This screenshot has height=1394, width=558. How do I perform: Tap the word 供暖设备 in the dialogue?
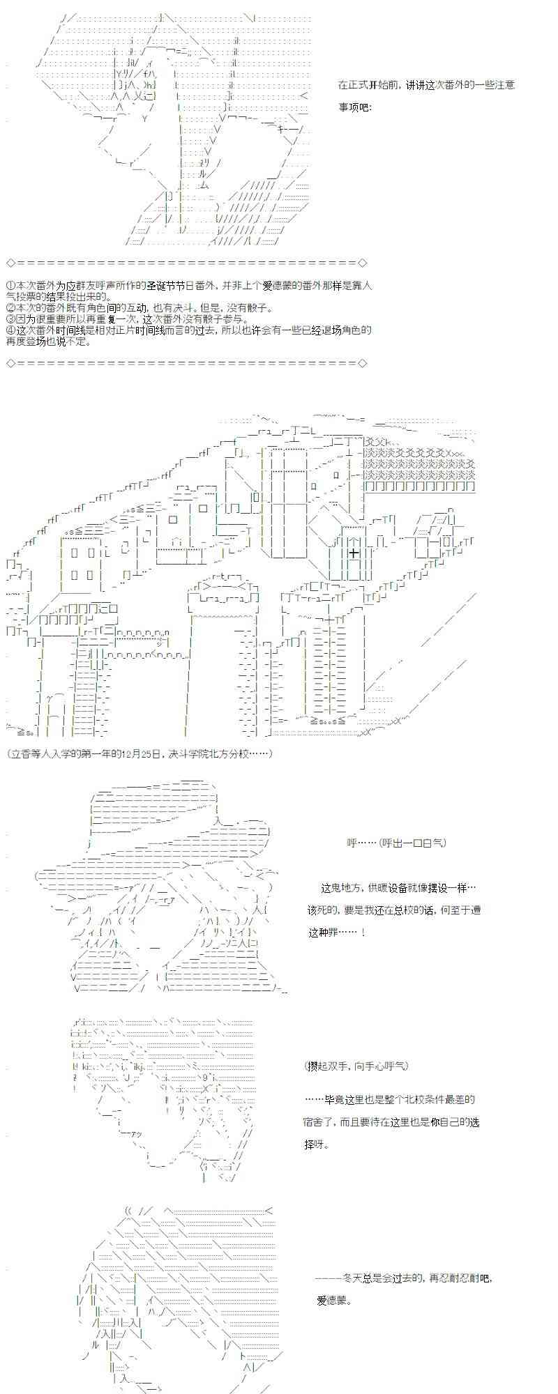tap(388, 888)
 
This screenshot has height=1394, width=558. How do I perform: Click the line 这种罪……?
tap(335, 933)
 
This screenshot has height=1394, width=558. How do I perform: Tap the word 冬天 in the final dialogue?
tap(352, 1278)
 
